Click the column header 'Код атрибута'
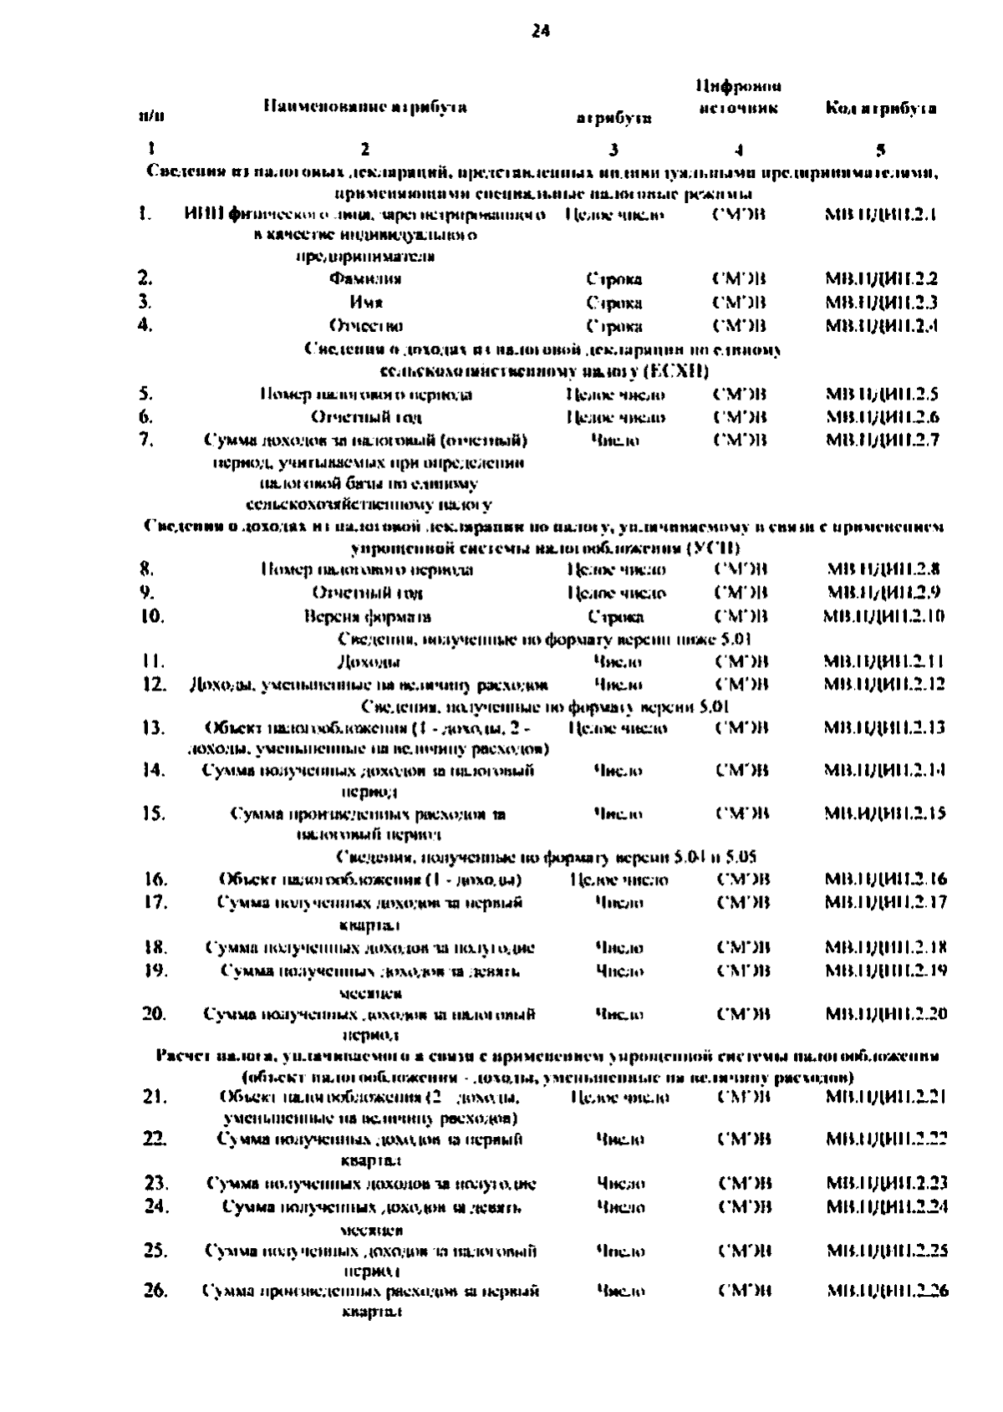click(880, 108)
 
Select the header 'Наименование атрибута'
click(365, 106)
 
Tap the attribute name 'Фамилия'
click(365, 279)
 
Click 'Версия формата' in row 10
click(367, 617)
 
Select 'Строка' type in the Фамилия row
click(614, 279)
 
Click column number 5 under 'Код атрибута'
click(880, 150)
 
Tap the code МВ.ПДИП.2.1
click(881, 215)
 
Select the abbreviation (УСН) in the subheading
click(712, 548)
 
